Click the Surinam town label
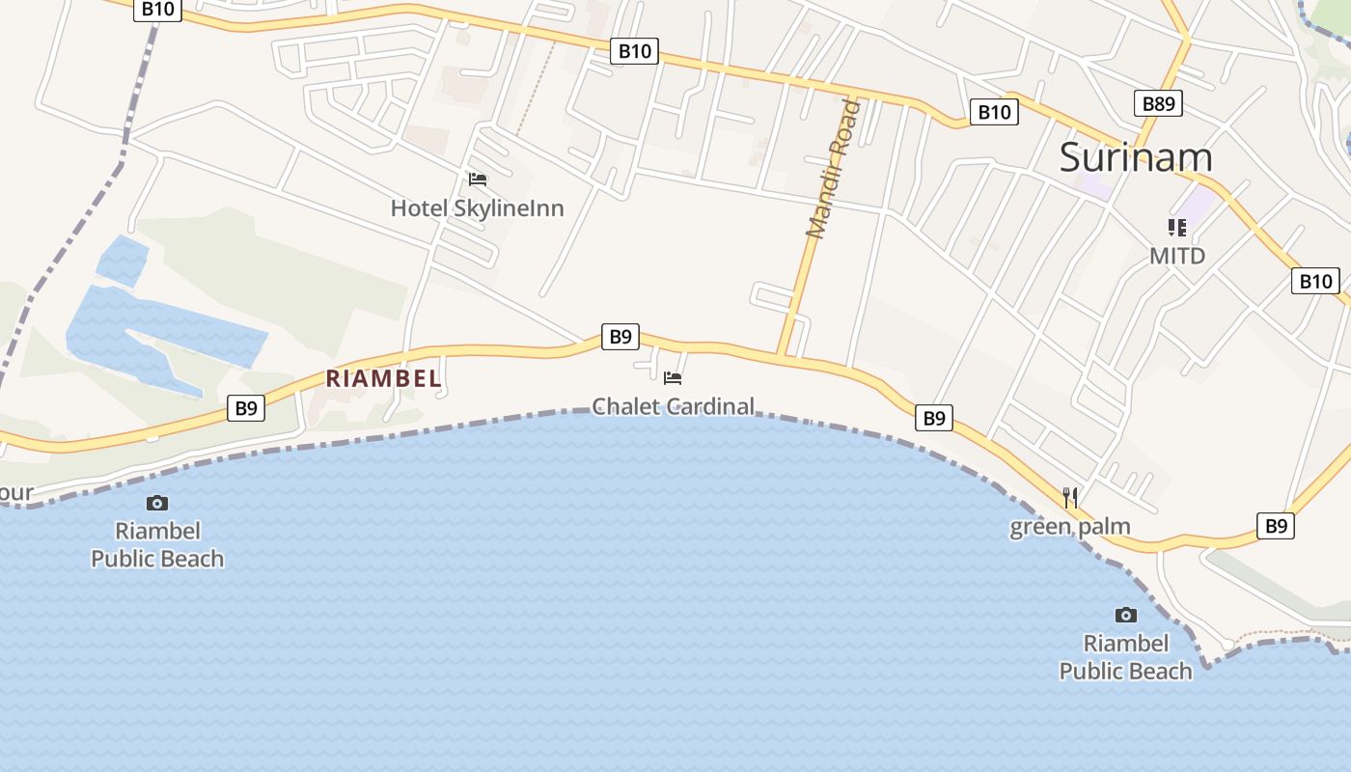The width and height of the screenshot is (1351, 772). [1136, 157]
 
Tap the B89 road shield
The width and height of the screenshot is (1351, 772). [1158, 103]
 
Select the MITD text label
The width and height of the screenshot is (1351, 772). [1177, 256]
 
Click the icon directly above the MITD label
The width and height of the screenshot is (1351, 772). [1177, 228]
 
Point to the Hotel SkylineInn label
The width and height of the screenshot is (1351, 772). [477, 208]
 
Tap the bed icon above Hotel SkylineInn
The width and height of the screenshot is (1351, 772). [478, 179]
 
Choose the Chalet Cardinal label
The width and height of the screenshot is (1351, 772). [673, 406]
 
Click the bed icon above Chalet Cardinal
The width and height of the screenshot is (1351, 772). [673, 377]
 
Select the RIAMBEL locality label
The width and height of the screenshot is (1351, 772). [383, 379]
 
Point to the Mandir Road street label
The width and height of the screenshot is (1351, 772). [833, 168]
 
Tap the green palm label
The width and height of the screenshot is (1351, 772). [1070, 527]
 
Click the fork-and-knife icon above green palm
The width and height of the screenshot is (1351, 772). [1070, 498]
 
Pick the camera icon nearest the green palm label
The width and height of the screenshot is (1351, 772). [1126, 615]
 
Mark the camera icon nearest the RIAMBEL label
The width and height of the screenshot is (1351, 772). [157, 503]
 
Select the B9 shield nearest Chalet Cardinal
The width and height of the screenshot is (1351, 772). [620, 336]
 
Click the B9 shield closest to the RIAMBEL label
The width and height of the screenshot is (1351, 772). [246, 408]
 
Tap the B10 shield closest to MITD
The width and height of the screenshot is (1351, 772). [1315, 281]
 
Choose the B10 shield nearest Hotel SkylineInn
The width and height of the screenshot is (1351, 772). [634, 51]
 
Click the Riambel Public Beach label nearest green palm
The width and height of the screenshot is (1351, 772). [1126, 657]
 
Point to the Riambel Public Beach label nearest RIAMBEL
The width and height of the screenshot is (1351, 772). [157, 544]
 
